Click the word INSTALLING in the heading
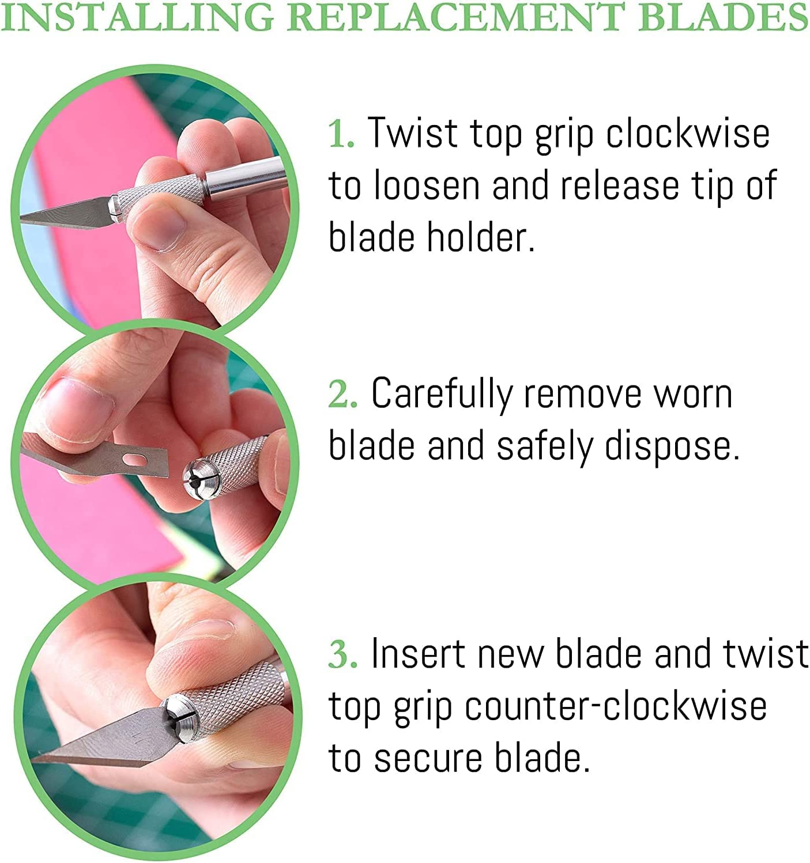click(x=137, y=17)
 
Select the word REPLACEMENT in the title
click(x=455, y=17)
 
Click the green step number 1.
click(x=340, y=134)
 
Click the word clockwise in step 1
click(x=687, y=134)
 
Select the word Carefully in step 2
click(x=441, y=395)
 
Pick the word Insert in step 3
click(x=418, y=654)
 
